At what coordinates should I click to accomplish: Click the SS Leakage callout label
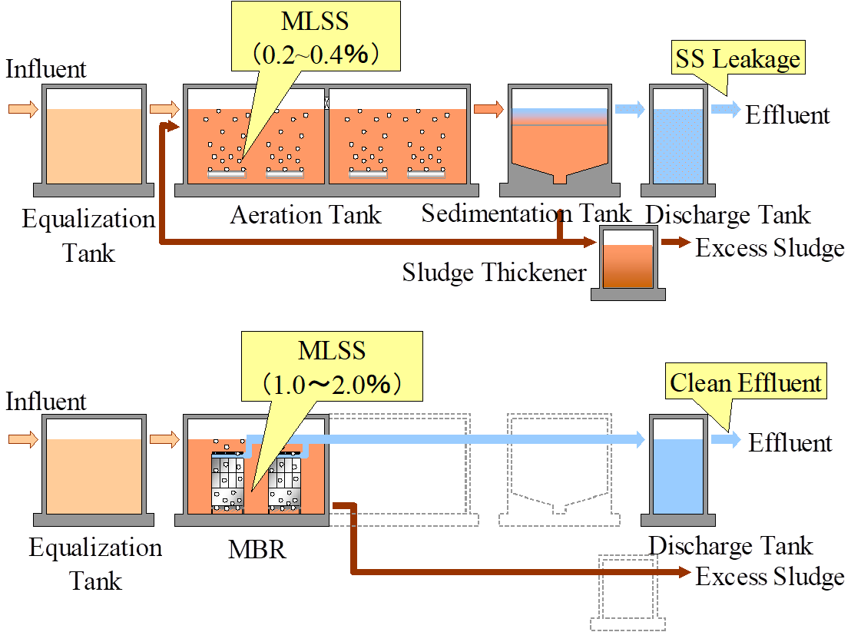coord(737,59)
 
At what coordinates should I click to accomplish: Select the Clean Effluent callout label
coord(746,382)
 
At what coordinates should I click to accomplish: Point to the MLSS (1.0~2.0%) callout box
coord(332,367)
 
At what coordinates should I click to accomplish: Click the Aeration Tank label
coord(306,214)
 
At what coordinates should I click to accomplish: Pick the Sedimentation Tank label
coord(526,213)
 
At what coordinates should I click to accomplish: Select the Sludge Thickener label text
coord(495,272)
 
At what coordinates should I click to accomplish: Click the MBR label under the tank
coord(257,550)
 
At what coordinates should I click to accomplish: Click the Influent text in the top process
coord(47,69)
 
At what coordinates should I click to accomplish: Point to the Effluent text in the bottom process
coord(790,443)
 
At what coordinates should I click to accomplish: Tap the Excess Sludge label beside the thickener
coord(770,248)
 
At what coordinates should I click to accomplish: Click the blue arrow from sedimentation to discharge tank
coord(629,109)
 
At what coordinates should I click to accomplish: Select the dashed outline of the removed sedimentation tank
coord(559,470)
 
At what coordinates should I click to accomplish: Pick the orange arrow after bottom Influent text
coord(22,439)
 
